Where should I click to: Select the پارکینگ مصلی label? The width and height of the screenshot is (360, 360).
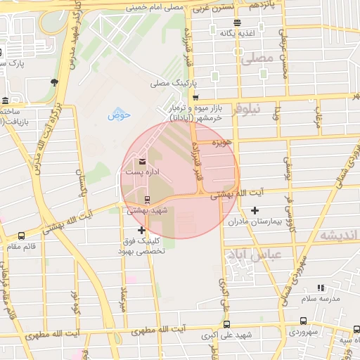click(x=169, y=84)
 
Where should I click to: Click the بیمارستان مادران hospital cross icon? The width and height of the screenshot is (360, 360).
click(x=255, y=210)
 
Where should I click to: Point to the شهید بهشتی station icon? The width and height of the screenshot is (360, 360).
click(x=147, y=200)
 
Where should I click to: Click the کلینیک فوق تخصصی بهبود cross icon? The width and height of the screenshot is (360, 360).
click(x=142, y=230)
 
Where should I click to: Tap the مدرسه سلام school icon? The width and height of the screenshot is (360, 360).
click(x=321, y=288)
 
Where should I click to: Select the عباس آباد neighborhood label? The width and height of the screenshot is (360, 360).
click(x=255, y=253)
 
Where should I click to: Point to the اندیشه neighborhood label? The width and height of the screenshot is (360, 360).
click(x=338, y=235)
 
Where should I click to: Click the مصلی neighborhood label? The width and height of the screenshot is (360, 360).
click(x=257, y=60)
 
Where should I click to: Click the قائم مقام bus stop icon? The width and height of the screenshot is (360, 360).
click(x=21, y=236)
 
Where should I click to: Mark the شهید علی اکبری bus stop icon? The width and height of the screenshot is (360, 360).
click(x=226, y=324)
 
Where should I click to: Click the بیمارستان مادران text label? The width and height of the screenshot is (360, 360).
click(x=255, y=221)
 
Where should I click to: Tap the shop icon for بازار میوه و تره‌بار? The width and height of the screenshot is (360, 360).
click(x=195, y=98)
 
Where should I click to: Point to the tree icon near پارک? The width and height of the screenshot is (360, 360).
click(x=54, y=82)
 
